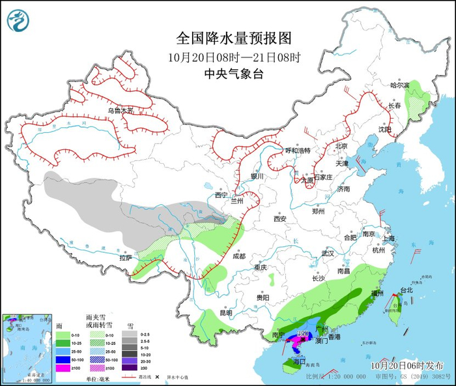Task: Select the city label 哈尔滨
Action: (x=400, y=85)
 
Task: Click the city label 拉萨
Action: (x=126, y=258)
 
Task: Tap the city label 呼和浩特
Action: (x=298, y=151)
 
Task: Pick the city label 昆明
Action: (x=225, y=312)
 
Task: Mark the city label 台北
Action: (x=406, y=290)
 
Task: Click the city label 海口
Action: (x=299, y=361)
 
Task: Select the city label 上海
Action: (x=389, y=239)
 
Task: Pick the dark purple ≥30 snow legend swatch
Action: (x=130, y=369)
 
